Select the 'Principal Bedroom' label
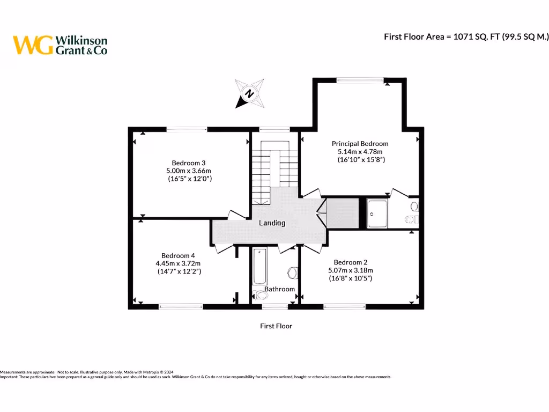click(360, 144)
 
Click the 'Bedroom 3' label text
click(189, 163)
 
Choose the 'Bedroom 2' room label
click(350, 262)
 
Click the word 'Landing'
click(272, 223)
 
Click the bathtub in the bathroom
click(259, 267)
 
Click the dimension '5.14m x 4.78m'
click(360, 152)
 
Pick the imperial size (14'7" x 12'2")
click(179, 271)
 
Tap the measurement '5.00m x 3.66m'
click(189, 171)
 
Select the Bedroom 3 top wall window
click(187, 129)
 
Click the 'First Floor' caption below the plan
click(276, 326)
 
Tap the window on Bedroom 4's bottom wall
click(180, 307)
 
